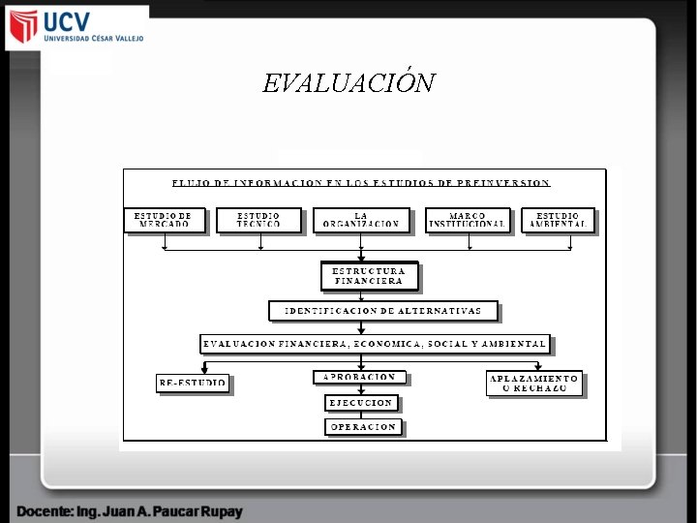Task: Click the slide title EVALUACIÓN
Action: [348, 83]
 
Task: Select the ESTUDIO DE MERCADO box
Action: [165, 221]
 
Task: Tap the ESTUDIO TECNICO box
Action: [259, 221]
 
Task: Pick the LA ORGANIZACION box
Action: [361, 221]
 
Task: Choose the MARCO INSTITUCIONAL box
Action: [468, 221]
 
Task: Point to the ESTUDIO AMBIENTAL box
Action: [558, 221]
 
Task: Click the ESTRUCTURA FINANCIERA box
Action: [370, 276]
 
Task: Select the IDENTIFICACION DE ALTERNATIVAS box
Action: [383, 311]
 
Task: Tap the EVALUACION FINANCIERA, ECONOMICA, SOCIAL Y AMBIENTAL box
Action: [375, 343]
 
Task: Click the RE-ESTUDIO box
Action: [193, 384]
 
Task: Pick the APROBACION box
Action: [359, 377]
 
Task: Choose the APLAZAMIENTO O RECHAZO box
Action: [534, 384]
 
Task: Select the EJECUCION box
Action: [361, 402]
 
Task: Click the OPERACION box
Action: [363, 426]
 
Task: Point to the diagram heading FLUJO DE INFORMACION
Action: [361, 182]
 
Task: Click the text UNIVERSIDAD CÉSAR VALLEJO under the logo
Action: [94, 39]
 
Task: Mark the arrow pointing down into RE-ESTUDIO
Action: [204, 368]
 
